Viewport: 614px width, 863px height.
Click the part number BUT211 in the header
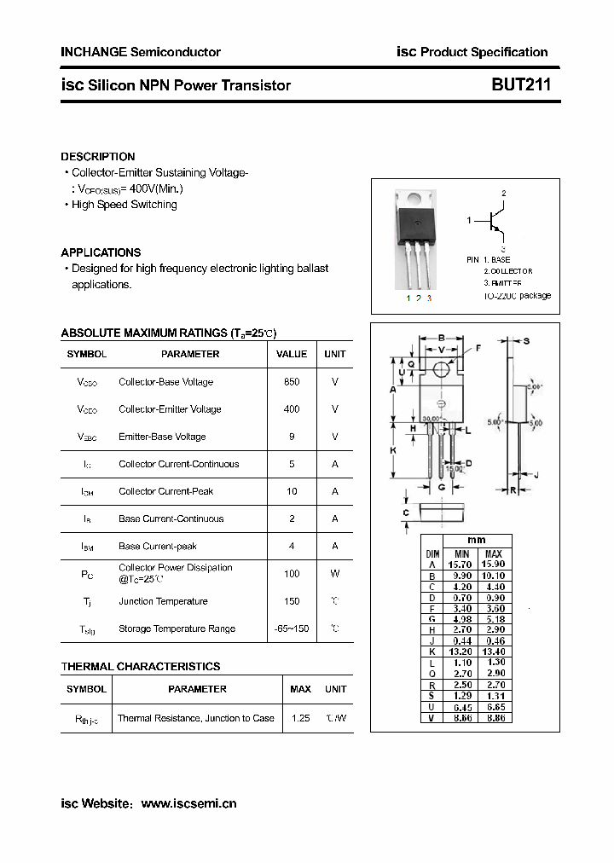pos(520,84)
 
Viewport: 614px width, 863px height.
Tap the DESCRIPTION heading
pos(97,157)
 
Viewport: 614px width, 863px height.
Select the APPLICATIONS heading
pos(101,252)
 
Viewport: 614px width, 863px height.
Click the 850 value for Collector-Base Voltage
pos(292,382)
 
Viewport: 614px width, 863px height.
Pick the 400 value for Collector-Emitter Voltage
pos(292,409)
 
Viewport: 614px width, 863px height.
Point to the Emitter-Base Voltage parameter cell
pos(162,437)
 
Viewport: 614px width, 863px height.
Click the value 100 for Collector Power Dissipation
pos(292,574)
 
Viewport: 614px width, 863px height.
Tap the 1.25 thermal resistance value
pos(300,718)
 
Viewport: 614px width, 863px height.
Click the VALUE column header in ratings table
pos(292,354)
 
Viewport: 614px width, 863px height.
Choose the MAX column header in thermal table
pos(300,689)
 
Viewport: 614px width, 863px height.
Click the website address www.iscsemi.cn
pos(188,803)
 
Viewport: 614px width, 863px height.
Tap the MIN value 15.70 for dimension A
pos(460,565)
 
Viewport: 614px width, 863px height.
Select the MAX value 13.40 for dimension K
pos(493,651)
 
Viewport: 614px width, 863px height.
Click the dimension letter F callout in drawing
pos(478,348)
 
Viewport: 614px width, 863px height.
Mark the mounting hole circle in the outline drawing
pos(441,369)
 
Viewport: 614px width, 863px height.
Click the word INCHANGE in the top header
pos(93,52)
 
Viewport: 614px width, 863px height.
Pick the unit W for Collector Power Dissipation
pos(335,574)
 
